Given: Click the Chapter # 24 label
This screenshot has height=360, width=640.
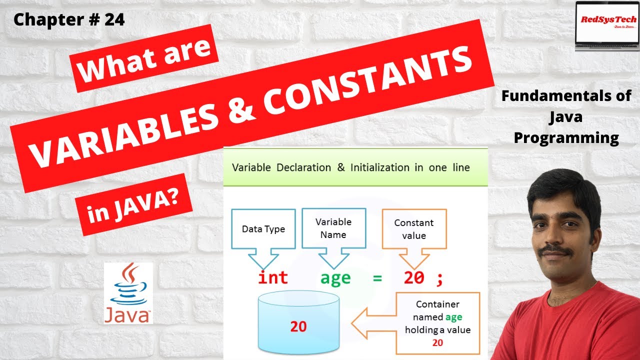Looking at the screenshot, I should pyautogui.click(x=69, y=19).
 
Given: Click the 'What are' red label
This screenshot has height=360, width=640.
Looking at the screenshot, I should pyautogui.click(x=145, y=62).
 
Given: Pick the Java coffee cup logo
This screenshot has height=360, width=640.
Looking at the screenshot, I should pyautogui.click(x=128, y=292).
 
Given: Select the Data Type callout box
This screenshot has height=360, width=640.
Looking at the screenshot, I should pyautogui.click(x=263, y=229).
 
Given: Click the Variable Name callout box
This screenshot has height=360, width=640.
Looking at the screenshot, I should pyautogui.click(x=333, y=227).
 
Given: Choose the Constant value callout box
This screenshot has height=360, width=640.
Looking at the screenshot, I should pyautogui.click(x=413, y=229).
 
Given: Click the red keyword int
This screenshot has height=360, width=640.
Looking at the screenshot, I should pyautogui.click(x=272, y=277).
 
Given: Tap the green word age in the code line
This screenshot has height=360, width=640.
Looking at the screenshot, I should pyautogui.click(x=335, y=278).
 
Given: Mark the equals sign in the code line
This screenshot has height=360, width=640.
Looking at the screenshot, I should pyautogui.click(x=377, y=278).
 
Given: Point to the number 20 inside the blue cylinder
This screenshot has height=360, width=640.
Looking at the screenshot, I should pyautogui.click(x=298, y=326).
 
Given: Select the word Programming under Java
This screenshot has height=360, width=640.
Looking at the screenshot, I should pyautogui.click(x=566, y=137).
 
